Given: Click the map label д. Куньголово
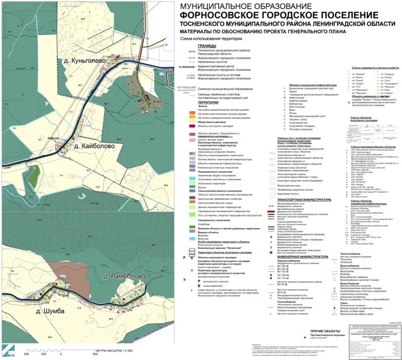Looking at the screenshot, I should [x=84, y=61].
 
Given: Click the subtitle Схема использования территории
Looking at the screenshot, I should [x=211, y=39].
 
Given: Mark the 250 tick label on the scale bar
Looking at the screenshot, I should [x=44, y=354].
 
